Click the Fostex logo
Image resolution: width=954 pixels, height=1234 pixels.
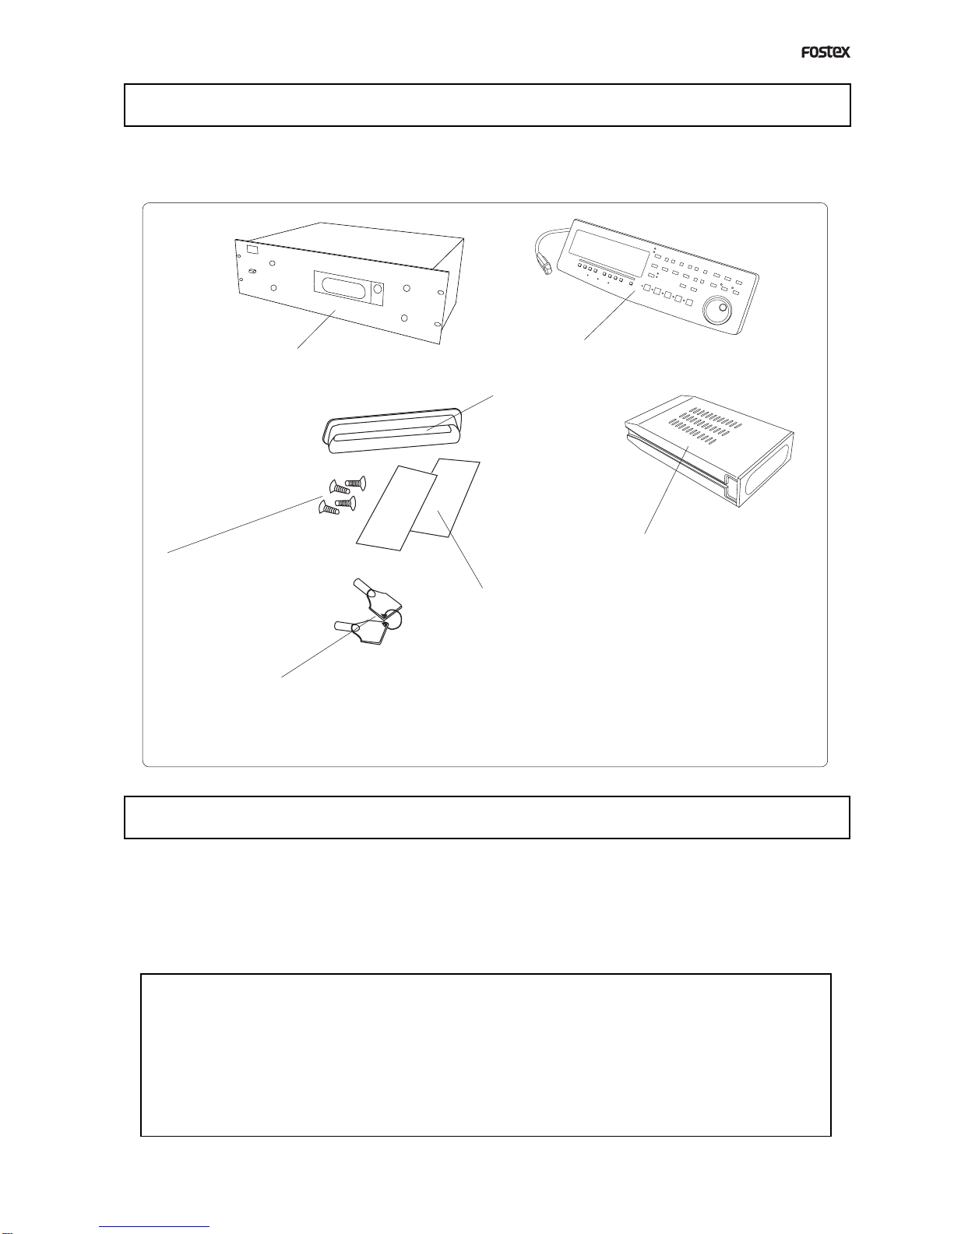(826, 52)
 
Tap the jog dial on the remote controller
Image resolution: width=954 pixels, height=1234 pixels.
(718, 311)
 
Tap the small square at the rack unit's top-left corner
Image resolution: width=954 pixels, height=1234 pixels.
(252, 249)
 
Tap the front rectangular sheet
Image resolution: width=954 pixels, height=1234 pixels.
(396, 508)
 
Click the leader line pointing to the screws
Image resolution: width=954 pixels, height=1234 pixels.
(245, 524)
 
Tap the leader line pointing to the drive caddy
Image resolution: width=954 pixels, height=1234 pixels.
(667, 490)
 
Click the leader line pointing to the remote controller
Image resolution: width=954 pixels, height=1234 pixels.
(609, 315)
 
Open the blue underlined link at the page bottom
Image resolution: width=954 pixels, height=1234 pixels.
(154, 1229)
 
